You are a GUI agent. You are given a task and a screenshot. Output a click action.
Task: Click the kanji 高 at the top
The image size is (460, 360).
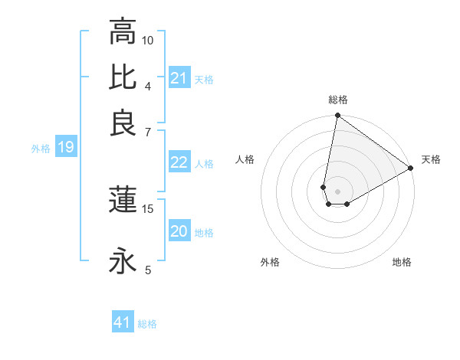pyautogui.click(x=123, y=32)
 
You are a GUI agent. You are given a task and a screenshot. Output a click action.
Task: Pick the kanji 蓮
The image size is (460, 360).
pyautogui.click(x=123, y=199)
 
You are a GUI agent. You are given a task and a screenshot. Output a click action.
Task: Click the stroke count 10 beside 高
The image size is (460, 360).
pyautogui.click(x=148, y=40)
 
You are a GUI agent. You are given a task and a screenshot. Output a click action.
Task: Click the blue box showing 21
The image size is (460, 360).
pyautogui.click(x=179, y=78)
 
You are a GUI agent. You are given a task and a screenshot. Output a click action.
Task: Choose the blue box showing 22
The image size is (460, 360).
pyautogui.click(x=179, y=162)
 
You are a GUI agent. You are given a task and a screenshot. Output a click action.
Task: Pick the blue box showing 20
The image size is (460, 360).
pyautogui.click(x=179, y=231)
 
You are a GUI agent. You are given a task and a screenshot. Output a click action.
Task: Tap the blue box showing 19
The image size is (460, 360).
pyautogui.click(x=65, y=147)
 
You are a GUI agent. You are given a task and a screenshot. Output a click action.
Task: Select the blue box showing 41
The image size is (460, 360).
pyautogui.click(x=123, y=322)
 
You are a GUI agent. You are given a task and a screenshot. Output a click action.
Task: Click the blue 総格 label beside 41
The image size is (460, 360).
pyautogui.click(x=147, y=324)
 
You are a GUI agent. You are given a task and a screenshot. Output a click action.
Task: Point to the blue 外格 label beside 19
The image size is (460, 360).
pyautogui.click(x=41, y=149)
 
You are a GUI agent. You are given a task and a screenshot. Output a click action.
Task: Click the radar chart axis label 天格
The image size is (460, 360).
pyautogui.click(x=431, y=159)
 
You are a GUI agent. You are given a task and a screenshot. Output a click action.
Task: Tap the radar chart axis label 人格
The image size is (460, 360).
pyautogui.click(x=245, y=159)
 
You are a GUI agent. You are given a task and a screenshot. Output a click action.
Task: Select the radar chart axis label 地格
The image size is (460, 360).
pyautogui.click(x=402, y=262)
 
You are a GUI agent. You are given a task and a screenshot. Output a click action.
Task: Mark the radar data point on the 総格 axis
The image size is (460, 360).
pyautogui.click(x=337, y=116)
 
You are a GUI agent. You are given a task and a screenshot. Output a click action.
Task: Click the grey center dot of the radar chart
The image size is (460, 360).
pyautogui.click(x=337, y=191)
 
